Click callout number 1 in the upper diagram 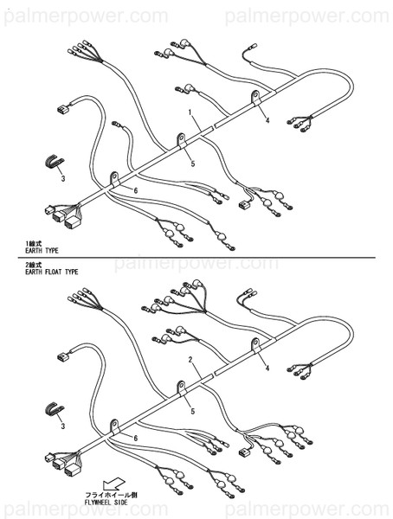190,112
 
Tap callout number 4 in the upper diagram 267,120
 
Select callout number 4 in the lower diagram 267,368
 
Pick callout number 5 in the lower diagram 192,412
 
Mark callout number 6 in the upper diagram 136,189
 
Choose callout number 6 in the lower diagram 135,439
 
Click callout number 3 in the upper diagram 61,178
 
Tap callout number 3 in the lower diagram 61,426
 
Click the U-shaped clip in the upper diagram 55,162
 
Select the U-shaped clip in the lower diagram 55,409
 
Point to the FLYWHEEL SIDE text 107,501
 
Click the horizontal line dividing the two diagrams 196,257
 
